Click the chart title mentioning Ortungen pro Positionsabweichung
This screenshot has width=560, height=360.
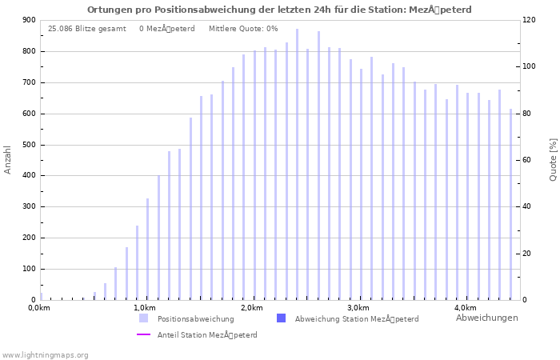click(279, 10)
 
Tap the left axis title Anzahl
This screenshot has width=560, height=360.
click(8, 159)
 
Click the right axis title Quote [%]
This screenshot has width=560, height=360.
click(553, 159)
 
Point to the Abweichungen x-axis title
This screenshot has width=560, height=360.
click(486, 318)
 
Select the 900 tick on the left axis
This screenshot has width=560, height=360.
click(28, 21)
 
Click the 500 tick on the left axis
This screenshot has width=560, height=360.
click(28, 145)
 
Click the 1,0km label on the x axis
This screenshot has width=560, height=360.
click(144, 308)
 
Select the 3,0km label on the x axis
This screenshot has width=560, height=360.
click(358, 308)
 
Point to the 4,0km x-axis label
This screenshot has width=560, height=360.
click(465, 308)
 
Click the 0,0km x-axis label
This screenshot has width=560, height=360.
click(38, 308)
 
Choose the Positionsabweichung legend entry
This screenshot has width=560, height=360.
click(195, 318)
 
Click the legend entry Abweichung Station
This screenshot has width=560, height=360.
click(356, 318)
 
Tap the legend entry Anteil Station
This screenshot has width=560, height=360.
click(207, 335)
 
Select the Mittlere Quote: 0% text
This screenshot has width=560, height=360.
click(243, 29)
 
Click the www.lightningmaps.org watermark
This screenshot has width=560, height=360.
click(45, 355)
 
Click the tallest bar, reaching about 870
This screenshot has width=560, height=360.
click(297, 164)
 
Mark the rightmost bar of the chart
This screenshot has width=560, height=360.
click(510, 204)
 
